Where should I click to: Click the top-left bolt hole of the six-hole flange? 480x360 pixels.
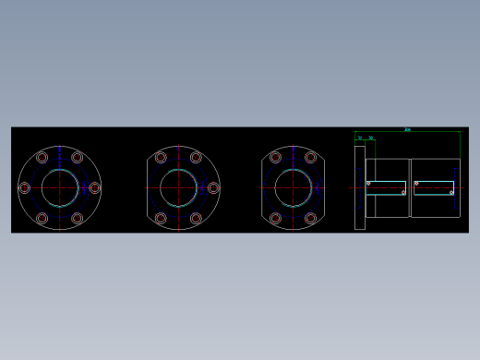pyautogui.click(x=42, y=158)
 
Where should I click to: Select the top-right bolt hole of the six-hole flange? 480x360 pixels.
pyautogui.click(x=78, y=158)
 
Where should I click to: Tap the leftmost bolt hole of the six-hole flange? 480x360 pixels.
pyautogui.click(x=25, y=188)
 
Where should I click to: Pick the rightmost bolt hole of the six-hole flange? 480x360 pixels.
pyautogui.click(x=94, y=188)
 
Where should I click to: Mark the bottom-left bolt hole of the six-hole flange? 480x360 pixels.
pyautogui.click(x=42, y=219)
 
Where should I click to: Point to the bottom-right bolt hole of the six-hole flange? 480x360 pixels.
pyautogui.click(x=78, y=219)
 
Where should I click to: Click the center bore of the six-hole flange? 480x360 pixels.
pyautogui.click(x=60, y=188)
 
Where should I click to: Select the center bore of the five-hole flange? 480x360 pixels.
pyautogui.click(x=178, y=188)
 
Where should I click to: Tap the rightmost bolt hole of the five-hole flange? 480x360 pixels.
pyautogui.click(x=213, y=188)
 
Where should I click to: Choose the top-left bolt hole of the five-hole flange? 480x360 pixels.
pyautogui.click(x=161, y=158)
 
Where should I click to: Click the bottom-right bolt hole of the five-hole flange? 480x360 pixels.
pyautogui.click(x=196, y=219)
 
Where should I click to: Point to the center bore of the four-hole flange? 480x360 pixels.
pyautogui.click(x=294, y=188)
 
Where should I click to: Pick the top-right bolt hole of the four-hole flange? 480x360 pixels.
pyautogui.click(x=311, y=158)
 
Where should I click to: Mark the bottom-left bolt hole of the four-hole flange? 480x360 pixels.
pyautogui.click(x=276, y=219)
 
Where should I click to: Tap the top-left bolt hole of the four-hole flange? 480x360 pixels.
pyautogui.click(x=276, y=158)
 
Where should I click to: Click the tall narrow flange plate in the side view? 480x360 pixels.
pyautogui.click(x=360, y=187)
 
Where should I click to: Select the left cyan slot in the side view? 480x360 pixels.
pyautogui.click(x=387, y=188)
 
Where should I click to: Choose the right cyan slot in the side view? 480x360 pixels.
pyautogui.click(x=434, y=188)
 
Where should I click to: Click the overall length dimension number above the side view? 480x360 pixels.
pyautogui.click(x=407, y=130)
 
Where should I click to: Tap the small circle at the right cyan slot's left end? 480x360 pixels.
pyautogui.click(x=416, y=183)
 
